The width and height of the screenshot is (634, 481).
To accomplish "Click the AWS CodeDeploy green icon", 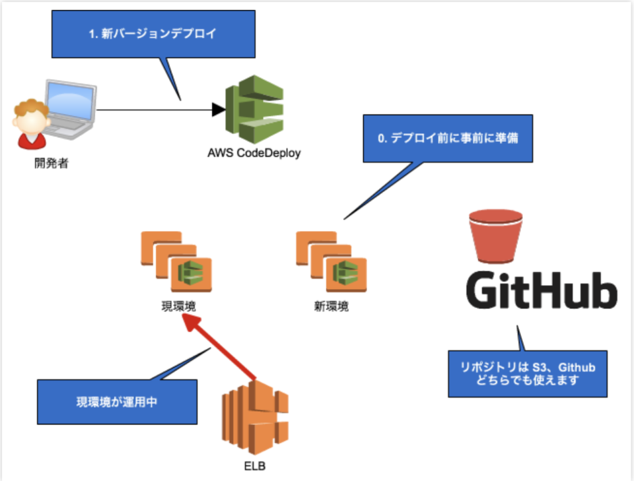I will point(254,109).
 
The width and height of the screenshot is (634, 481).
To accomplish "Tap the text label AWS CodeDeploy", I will point(254,153).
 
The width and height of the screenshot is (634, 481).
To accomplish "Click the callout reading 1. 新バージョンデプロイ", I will point(152,34).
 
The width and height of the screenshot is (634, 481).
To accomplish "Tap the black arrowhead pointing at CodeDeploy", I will point(218,110).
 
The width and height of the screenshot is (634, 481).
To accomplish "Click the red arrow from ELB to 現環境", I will point(219,346).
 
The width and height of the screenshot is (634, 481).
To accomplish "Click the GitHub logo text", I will point(542,291).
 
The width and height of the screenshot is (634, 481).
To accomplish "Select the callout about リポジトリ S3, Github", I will point(527,373).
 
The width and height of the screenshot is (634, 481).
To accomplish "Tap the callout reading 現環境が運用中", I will point(116,402).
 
